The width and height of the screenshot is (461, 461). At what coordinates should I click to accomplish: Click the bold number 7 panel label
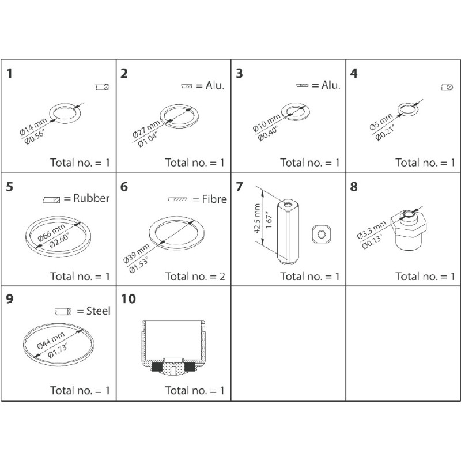pos(240,187)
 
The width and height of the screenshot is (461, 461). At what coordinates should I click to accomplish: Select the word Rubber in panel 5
pos(86,199)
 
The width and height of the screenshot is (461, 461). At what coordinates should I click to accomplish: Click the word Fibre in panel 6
pos(214,199)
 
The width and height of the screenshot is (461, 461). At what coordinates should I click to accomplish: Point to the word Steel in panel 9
pos(97,311)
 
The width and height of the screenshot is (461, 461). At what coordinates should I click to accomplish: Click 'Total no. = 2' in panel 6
pos(194,276)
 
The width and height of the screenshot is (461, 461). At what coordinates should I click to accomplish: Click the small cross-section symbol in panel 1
pos(103,87)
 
